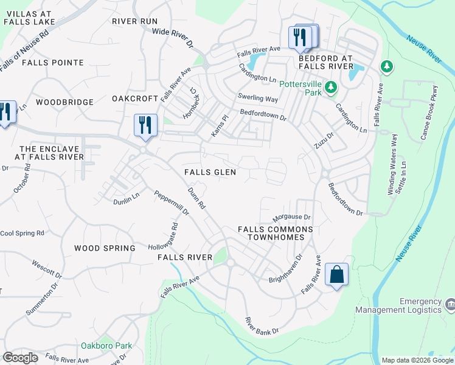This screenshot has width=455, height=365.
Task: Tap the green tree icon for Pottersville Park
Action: (331, 88)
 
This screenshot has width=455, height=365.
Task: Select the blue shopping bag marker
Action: (336, 275)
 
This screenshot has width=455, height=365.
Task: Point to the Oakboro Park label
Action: (106, 346)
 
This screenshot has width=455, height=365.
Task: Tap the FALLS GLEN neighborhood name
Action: (210, 172)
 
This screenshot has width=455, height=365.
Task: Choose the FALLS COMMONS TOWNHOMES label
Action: (275, 234)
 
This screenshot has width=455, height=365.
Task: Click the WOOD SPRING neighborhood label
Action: (105, 248)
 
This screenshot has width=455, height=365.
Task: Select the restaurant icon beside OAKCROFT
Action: (145, 125)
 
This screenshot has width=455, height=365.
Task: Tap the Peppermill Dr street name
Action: (172, 203)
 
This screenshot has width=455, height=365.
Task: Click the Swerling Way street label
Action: (257, 99)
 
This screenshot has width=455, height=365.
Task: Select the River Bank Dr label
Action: (261, 325)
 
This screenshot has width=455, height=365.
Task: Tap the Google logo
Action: (20, 357)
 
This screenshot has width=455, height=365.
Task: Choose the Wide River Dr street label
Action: (172, 38)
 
